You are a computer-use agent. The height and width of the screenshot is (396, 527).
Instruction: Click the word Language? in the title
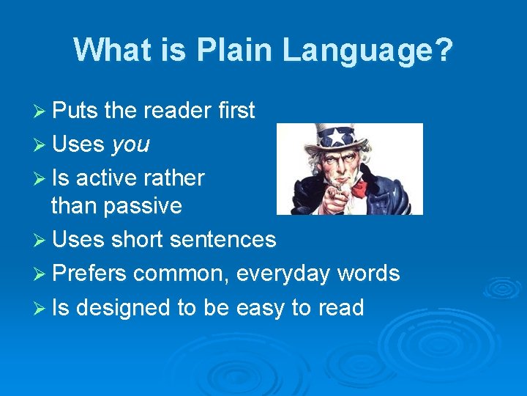[368, 51]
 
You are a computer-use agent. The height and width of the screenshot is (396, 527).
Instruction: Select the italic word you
[130, 145]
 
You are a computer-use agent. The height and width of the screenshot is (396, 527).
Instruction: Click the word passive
[142, 206]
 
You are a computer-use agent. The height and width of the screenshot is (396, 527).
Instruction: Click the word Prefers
[89, 274]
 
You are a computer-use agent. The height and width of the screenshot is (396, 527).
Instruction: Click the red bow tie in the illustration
[359, 188]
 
